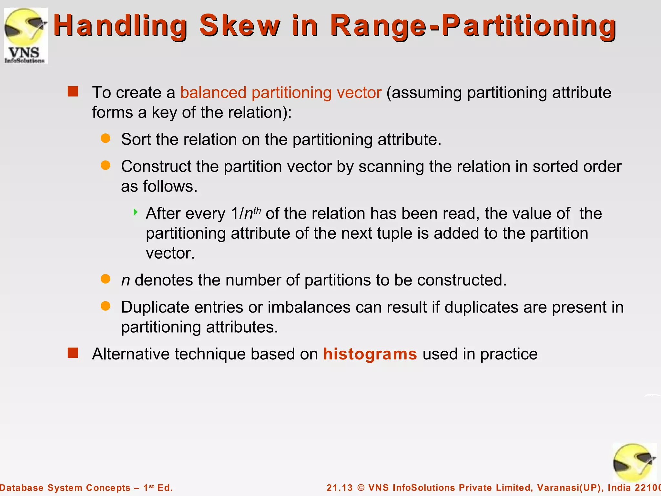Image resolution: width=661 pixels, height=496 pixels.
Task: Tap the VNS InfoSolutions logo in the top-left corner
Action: point(25,36)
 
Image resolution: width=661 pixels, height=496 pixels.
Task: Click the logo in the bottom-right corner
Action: point(634,463)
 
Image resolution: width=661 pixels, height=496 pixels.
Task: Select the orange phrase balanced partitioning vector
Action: point(281,93)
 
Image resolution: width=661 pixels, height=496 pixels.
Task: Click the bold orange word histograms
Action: point(370,354)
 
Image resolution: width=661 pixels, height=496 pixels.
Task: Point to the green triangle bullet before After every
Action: point(136,212)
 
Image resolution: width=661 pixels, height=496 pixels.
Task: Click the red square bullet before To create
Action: point(73,92)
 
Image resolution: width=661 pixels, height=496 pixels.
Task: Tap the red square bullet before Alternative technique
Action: point(73,353)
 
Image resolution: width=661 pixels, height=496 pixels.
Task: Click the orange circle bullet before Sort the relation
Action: point(106,139)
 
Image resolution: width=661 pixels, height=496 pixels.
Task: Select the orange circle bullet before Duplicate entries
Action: point(106,306)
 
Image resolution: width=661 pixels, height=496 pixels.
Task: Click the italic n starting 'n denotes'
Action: point(125,280)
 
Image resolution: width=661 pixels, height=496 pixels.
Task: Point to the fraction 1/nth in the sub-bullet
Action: point(246,213)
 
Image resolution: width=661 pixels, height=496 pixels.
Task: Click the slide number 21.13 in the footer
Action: point(340,488)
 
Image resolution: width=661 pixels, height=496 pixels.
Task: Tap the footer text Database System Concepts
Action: point(65,488)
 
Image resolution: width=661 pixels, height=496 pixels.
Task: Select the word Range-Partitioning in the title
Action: point(473,26)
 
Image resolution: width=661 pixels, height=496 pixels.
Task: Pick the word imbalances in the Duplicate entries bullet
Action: point(309,307)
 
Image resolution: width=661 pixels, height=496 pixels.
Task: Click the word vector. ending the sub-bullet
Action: point(170,253)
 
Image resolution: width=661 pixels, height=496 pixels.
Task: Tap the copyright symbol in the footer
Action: point(361,488)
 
